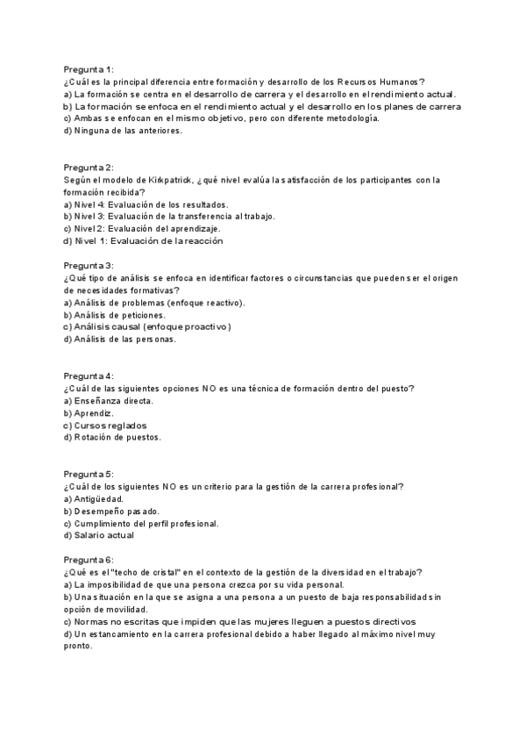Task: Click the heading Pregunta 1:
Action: (x=89, y=68)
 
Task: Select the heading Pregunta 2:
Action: (x=89, y=167)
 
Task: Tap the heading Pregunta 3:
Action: (x=89, y=265)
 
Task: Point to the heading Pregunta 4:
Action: (x=89, y=376)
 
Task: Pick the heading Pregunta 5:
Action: (x=89, y=474)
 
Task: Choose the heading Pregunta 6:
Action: (x=89, y=560)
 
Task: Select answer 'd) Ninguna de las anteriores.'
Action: (x=123, y=130)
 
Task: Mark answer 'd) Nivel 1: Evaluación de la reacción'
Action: (x=143, y=240)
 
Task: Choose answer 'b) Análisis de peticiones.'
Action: (x=114, y=314)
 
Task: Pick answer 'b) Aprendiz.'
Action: (x=89, y=412)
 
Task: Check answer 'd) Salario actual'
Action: (x=99, y=535)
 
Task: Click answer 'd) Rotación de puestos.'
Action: (x=113, y=437)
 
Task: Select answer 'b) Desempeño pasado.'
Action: (x=111, y=511)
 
